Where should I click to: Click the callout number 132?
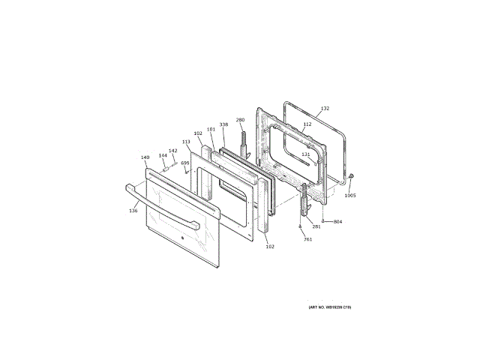325,109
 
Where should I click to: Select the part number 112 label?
307,124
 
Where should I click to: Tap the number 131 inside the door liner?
306,154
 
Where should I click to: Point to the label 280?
241,120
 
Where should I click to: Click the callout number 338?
223,124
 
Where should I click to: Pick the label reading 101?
211,130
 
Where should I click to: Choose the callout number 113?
186,141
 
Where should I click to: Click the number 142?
172,151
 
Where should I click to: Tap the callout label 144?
163,155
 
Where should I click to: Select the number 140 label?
145,158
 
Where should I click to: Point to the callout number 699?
184,163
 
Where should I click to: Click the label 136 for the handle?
133,211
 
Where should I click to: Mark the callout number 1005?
350,196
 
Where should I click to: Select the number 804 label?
337,221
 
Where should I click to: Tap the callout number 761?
307,238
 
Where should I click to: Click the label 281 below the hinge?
316,226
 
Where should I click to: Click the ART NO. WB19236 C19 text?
329,307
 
